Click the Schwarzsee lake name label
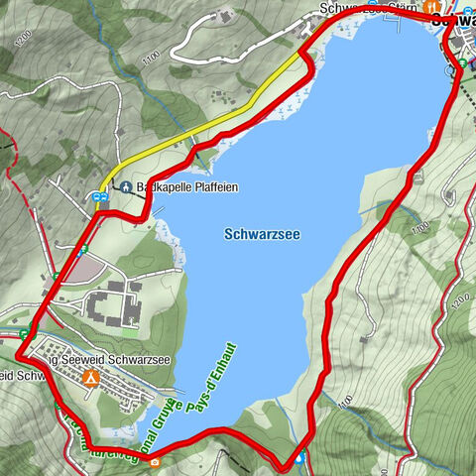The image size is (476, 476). (x=262, y=234)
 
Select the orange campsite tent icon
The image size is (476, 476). (x=90, y=377)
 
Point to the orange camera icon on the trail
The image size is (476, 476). (x=155, y=461)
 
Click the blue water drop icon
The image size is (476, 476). (x=300, y=458)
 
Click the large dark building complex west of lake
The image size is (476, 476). (x=114, y=303)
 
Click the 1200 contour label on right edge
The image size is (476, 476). (x=457, y=298)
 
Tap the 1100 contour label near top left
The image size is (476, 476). (x=151, y=59)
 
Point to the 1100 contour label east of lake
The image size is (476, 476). (x=418, y=228)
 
